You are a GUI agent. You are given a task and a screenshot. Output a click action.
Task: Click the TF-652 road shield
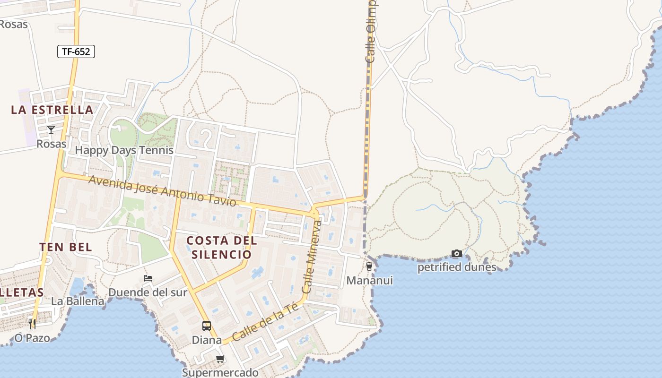[76, 52]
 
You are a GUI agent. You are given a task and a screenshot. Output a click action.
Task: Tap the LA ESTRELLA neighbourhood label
[52, 110]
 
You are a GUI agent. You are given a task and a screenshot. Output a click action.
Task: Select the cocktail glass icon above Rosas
[51, 129]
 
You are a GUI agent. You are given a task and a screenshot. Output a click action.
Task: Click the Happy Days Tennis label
[124, 150]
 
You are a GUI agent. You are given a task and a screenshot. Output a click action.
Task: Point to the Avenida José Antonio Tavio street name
[162, 191]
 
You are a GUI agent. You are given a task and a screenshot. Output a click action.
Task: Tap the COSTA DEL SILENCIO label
[221, 247]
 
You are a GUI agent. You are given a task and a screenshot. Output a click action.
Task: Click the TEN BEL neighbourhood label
[66, 247]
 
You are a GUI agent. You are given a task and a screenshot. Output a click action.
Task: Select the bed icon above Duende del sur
[148, 278]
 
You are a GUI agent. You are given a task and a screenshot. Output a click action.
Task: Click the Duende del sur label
[148, 292]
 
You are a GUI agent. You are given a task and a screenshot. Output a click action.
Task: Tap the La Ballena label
[78, 301]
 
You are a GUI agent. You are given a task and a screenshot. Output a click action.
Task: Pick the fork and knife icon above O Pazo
[32, 324]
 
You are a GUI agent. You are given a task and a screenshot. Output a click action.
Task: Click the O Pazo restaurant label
[32, 338]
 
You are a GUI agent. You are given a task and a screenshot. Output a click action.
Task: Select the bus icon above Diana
[207, 326]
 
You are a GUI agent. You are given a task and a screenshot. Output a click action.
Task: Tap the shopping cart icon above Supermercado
[220, 359]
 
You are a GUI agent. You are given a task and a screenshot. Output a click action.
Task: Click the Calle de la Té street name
[265, 322]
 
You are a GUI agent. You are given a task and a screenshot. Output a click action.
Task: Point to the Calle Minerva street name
[312, 257]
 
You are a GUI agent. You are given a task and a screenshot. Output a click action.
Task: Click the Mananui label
[369, 281]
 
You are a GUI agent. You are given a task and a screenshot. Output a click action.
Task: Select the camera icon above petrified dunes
[456, 254]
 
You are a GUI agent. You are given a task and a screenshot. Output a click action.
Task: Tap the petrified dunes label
[456, 267]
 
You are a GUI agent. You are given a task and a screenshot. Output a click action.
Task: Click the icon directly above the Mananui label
[369, 266]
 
